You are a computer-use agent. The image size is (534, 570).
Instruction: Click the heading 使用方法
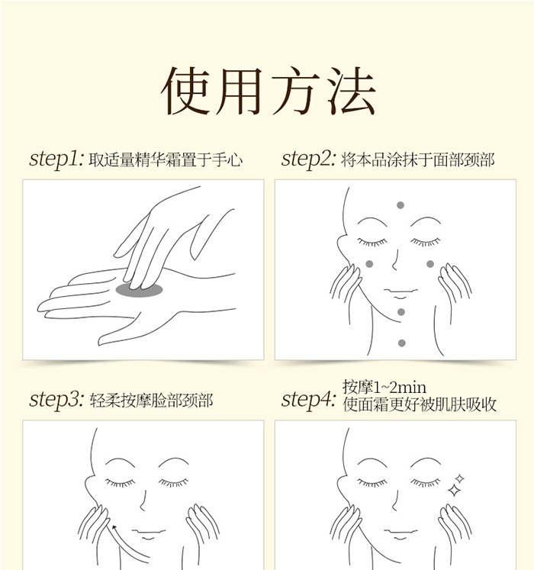(x=269, y=91)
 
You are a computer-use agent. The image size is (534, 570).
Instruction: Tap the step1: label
(x=56, y=159)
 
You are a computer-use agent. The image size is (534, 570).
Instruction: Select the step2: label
(x=308, y=159)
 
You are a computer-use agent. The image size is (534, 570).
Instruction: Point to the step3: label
(x=56, y=400)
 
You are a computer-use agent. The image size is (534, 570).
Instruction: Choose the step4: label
(x=308, y=400)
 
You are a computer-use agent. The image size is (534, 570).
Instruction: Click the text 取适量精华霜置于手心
(x=166, y=160)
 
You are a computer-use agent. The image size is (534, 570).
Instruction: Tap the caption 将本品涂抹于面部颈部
(x=418, y=160)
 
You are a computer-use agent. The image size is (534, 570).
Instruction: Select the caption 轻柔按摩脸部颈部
(x=151, y=401)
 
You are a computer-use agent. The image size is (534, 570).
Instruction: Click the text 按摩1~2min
(x=384, y=387)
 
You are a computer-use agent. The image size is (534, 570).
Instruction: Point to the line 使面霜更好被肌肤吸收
(x=419, y=404)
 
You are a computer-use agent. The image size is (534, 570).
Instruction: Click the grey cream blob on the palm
(x=140, y=290)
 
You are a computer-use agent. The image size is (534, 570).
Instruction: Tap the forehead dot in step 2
(x=400, y=205)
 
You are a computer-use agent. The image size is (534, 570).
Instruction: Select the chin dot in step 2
(x=401, y=312)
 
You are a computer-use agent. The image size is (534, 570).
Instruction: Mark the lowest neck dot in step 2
(x=402, y=343)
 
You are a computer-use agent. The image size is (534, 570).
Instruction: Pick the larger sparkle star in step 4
(x=454, y=491)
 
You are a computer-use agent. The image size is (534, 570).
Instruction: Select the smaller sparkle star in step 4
(x=460, y=478)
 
